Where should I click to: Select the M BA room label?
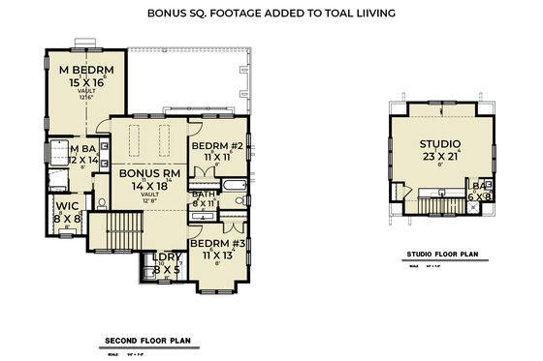pyautogui.click(x=74, y=148)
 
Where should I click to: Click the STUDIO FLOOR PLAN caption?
pyautogui.click(x=442, y=256)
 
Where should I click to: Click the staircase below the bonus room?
pyautogui.click(x=123, y=233)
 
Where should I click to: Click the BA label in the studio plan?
pyautogui.click(x=478, y=184)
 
